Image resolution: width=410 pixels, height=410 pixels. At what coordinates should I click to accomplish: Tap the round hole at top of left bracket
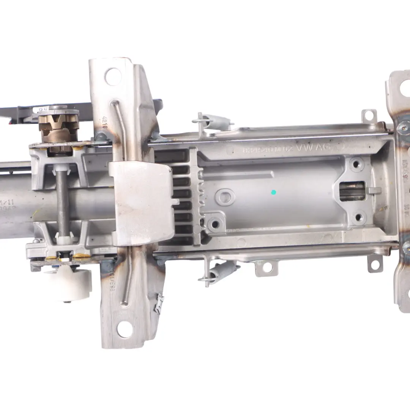113,76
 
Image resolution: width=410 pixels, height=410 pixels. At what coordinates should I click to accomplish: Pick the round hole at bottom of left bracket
125,329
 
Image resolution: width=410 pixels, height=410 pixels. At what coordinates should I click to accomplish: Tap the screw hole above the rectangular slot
356,164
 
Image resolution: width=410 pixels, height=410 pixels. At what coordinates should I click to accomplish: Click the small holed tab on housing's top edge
369,115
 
